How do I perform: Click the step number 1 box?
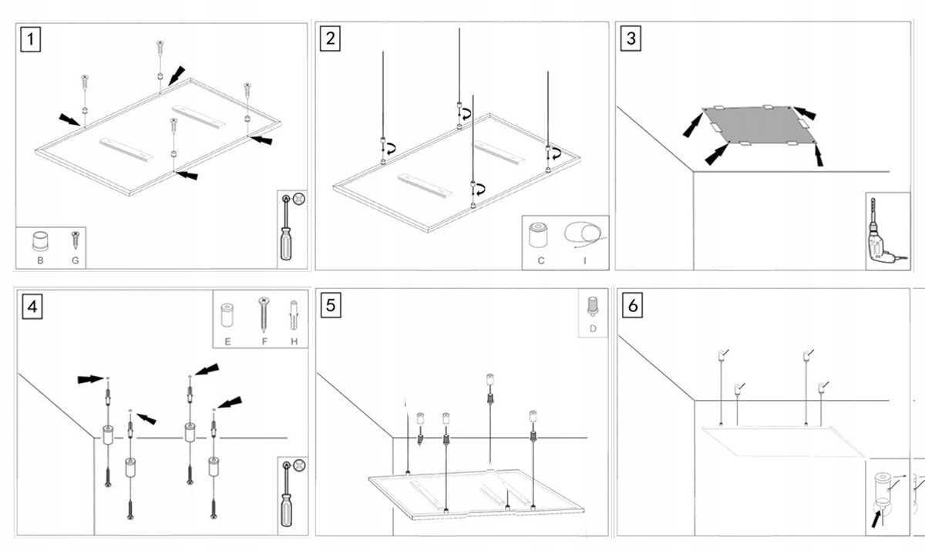point(30,39)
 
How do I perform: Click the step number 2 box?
point(331,39)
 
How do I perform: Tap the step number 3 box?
point(631,39)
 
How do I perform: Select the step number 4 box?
point(32,307)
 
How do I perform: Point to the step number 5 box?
point(331,305)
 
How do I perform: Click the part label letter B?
point(39,260)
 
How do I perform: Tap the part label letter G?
point(75,260)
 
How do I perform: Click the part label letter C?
point(541,261)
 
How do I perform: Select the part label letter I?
point(584,261)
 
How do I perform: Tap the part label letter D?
point(593,329)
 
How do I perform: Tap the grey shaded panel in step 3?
point(758,123)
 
